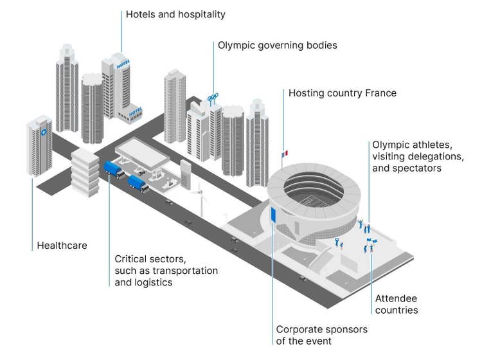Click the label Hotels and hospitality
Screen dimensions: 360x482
175,14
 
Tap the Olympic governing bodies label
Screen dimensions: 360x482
277,46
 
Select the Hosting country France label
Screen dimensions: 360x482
342,93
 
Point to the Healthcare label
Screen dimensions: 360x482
62,245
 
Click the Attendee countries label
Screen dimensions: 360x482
397,304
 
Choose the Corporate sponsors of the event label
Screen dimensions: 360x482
322,335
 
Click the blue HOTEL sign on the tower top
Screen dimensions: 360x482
123,64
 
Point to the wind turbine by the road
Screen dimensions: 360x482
201,194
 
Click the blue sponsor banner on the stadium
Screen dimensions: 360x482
274,215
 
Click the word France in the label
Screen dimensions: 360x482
380,93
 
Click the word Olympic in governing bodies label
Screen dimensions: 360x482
235,46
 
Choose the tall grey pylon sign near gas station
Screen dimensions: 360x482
186,174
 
